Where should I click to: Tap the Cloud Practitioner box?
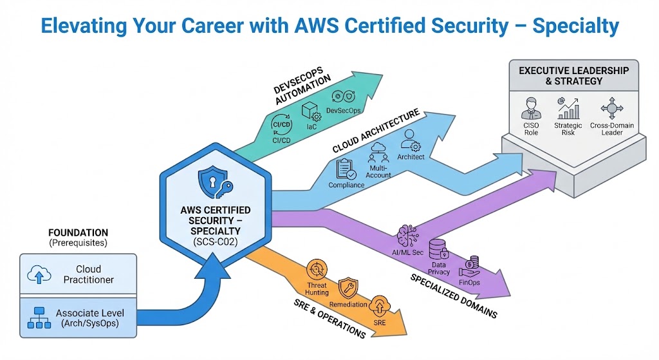click(x=79, y=274)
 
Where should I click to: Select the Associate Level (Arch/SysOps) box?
click(x=79, y=317)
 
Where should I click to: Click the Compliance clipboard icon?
click(x=347, y=169)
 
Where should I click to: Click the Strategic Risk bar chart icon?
click(x=568, y=107)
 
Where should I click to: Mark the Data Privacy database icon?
click(x=439, y=249)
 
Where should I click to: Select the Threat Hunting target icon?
click(x=316, y=269)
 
